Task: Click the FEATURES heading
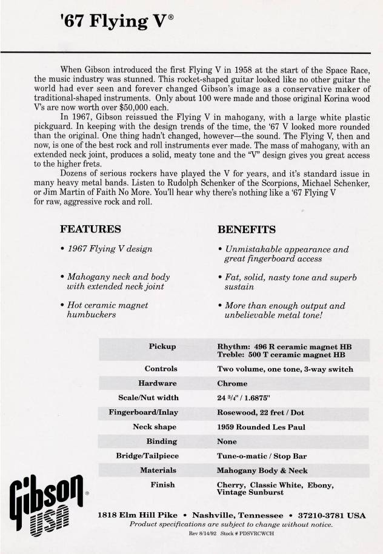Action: point(90,229)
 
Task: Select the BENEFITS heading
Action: point(247,229)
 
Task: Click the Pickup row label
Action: point(162,346)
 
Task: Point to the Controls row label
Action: point(161,368)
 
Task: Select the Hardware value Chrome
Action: point(232,383)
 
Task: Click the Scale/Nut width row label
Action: point(148,398)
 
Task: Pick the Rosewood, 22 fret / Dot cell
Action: point(261,412)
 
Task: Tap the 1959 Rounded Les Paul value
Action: point(261,427)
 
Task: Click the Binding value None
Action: point(228,441)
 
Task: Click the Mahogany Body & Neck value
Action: point(262,470)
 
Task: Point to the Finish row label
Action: point(162,484)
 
